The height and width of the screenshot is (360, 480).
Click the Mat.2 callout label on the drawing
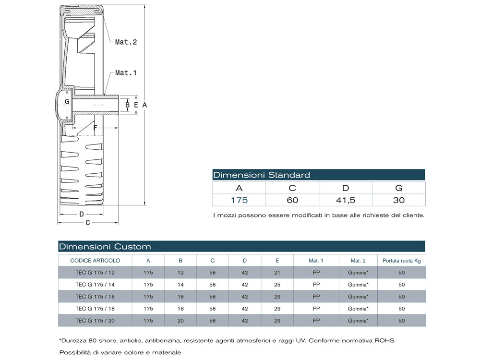(x=126, y=42)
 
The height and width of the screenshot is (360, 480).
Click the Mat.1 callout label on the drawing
(x=126, y=73)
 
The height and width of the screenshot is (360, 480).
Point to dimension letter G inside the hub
(x=67, y=102)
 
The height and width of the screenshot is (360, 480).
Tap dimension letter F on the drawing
(x=95, y=128)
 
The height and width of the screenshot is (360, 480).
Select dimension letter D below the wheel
(x=82, y=214)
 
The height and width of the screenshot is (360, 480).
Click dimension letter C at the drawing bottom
(x=88, y=223)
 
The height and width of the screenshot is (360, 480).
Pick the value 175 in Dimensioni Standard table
(x=239, y=200)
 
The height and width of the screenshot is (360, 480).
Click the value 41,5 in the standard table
(x=345, y=200)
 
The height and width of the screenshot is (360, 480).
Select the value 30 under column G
(x=398, y=200)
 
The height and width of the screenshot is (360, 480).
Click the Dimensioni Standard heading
(x=262, y=175)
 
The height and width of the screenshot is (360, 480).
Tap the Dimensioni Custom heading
(x=105, y=247)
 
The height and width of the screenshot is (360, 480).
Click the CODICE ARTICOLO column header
(x=95, y=261)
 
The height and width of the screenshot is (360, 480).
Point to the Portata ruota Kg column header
(x=402, y=261)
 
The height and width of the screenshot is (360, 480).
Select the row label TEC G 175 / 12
(x=95, y=273)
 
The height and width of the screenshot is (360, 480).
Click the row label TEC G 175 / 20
(x=95, y=321)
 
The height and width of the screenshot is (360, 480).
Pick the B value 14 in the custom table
(x=180, y=285)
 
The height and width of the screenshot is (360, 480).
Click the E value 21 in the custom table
(x=277, y=273)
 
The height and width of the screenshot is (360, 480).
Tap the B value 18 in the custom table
(x=180, y=309)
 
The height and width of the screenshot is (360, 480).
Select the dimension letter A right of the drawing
(x=144, y=105)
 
